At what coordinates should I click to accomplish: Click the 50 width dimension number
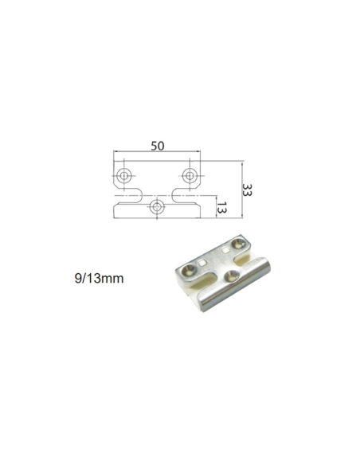pos(157,146)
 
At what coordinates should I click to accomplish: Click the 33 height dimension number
pos(248,190)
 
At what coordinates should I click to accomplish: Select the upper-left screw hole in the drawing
pos(123,174)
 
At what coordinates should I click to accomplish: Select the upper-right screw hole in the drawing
pos(190,174)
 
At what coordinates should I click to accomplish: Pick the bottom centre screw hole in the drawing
pos(157,207)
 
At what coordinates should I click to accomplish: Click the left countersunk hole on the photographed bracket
pos(186,272)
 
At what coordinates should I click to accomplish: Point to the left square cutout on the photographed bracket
pos(206,260)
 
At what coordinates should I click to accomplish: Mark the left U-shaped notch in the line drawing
pos(135,194)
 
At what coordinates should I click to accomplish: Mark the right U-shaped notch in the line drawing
pos(179,194)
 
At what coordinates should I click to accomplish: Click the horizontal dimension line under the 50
pos(157,154)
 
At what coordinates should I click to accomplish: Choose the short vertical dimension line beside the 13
pos(215,208)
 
